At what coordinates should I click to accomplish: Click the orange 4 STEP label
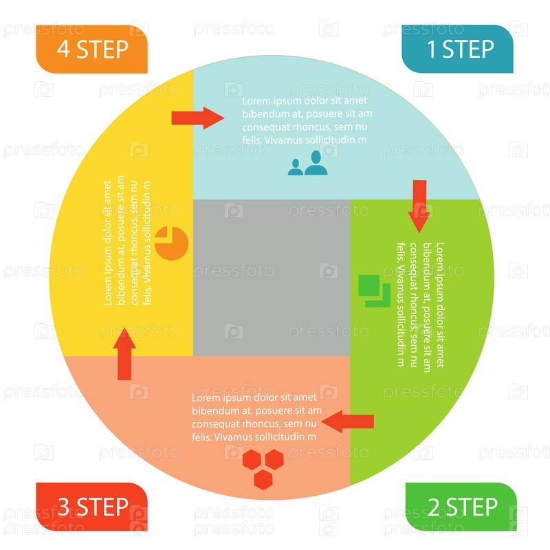[91, 49]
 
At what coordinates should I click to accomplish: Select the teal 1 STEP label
[457, 49]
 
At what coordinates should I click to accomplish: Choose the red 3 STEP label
[91, 507]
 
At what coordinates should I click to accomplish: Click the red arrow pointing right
[198, 118]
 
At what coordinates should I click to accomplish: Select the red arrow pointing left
[348, 421]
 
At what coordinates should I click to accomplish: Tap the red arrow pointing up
[124, 353]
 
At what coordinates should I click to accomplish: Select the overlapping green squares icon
[374, 289]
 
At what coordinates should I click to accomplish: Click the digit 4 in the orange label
[63, 49]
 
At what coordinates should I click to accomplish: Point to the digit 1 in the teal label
[432, 49]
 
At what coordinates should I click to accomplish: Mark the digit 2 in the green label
[434, 507]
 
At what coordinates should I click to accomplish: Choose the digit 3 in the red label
[63, 507]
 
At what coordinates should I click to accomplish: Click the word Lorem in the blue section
[256, 101]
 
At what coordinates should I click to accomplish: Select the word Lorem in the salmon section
[206, 397]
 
